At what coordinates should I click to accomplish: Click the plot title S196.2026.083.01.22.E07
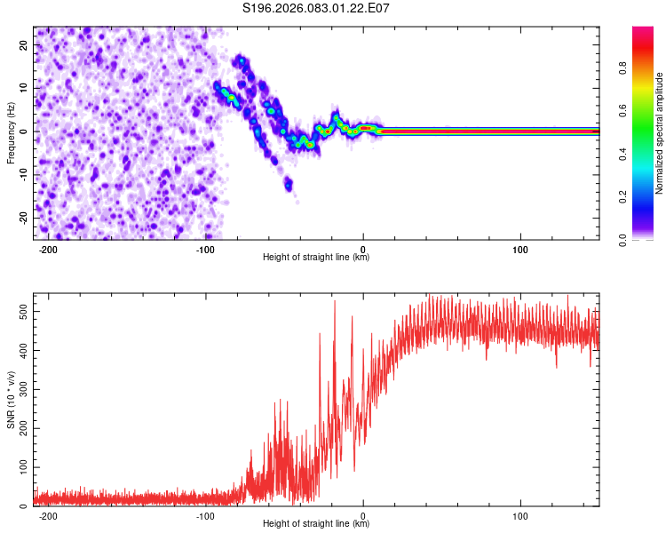317,8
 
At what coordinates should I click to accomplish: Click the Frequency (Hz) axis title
10,131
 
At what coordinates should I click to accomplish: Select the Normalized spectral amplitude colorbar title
659,133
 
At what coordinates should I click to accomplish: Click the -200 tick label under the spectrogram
49,250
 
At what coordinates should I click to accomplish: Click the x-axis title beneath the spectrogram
316,258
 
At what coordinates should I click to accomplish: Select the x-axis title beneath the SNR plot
316,524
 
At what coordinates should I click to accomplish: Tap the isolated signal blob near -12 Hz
288,185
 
